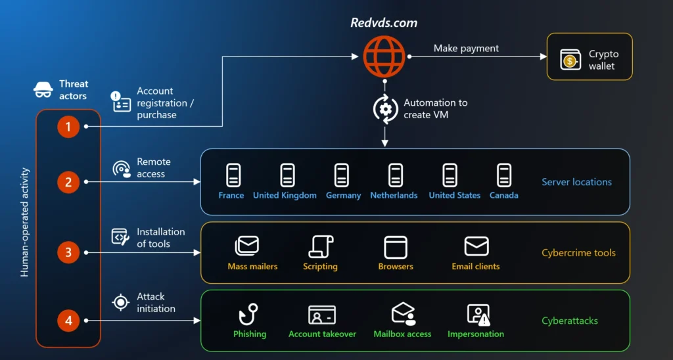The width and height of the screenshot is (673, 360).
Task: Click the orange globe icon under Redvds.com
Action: coord(384,56)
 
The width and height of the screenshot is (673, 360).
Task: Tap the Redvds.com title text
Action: coord(384,22)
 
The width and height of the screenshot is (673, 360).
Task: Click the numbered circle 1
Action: coord(68,126)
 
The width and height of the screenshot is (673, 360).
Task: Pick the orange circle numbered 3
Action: coord(68,252)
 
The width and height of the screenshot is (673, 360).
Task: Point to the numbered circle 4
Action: coord(68,321)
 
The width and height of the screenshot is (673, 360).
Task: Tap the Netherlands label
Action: coord(394,195)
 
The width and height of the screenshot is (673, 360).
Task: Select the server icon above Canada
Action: coord(504,175)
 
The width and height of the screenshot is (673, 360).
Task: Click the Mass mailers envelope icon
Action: coord(247,246)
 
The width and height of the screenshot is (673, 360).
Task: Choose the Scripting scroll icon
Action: coord(321,246)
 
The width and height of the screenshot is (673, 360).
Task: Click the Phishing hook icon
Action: coord(249,315)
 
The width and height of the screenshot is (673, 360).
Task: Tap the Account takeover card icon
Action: coord(322,315)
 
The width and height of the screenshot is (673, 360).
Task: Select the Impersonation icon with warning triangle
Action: coord(478,315)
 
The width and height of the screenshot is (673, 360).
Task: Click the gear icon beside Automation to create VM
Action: coord(385,109)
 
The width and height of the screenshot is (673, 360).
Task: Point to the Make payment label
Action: coord(466,48)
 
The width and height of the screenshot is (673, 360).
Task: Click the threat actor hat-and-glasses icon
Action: coord(43,90)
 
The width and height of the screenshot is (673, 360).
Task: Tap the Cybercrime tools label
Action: coord(578,253)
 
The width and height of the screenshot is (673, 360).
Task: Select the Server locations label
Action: coord(576,182)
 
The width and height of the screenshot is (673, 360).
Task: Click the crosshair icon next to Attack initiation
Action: coord(120,302)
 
